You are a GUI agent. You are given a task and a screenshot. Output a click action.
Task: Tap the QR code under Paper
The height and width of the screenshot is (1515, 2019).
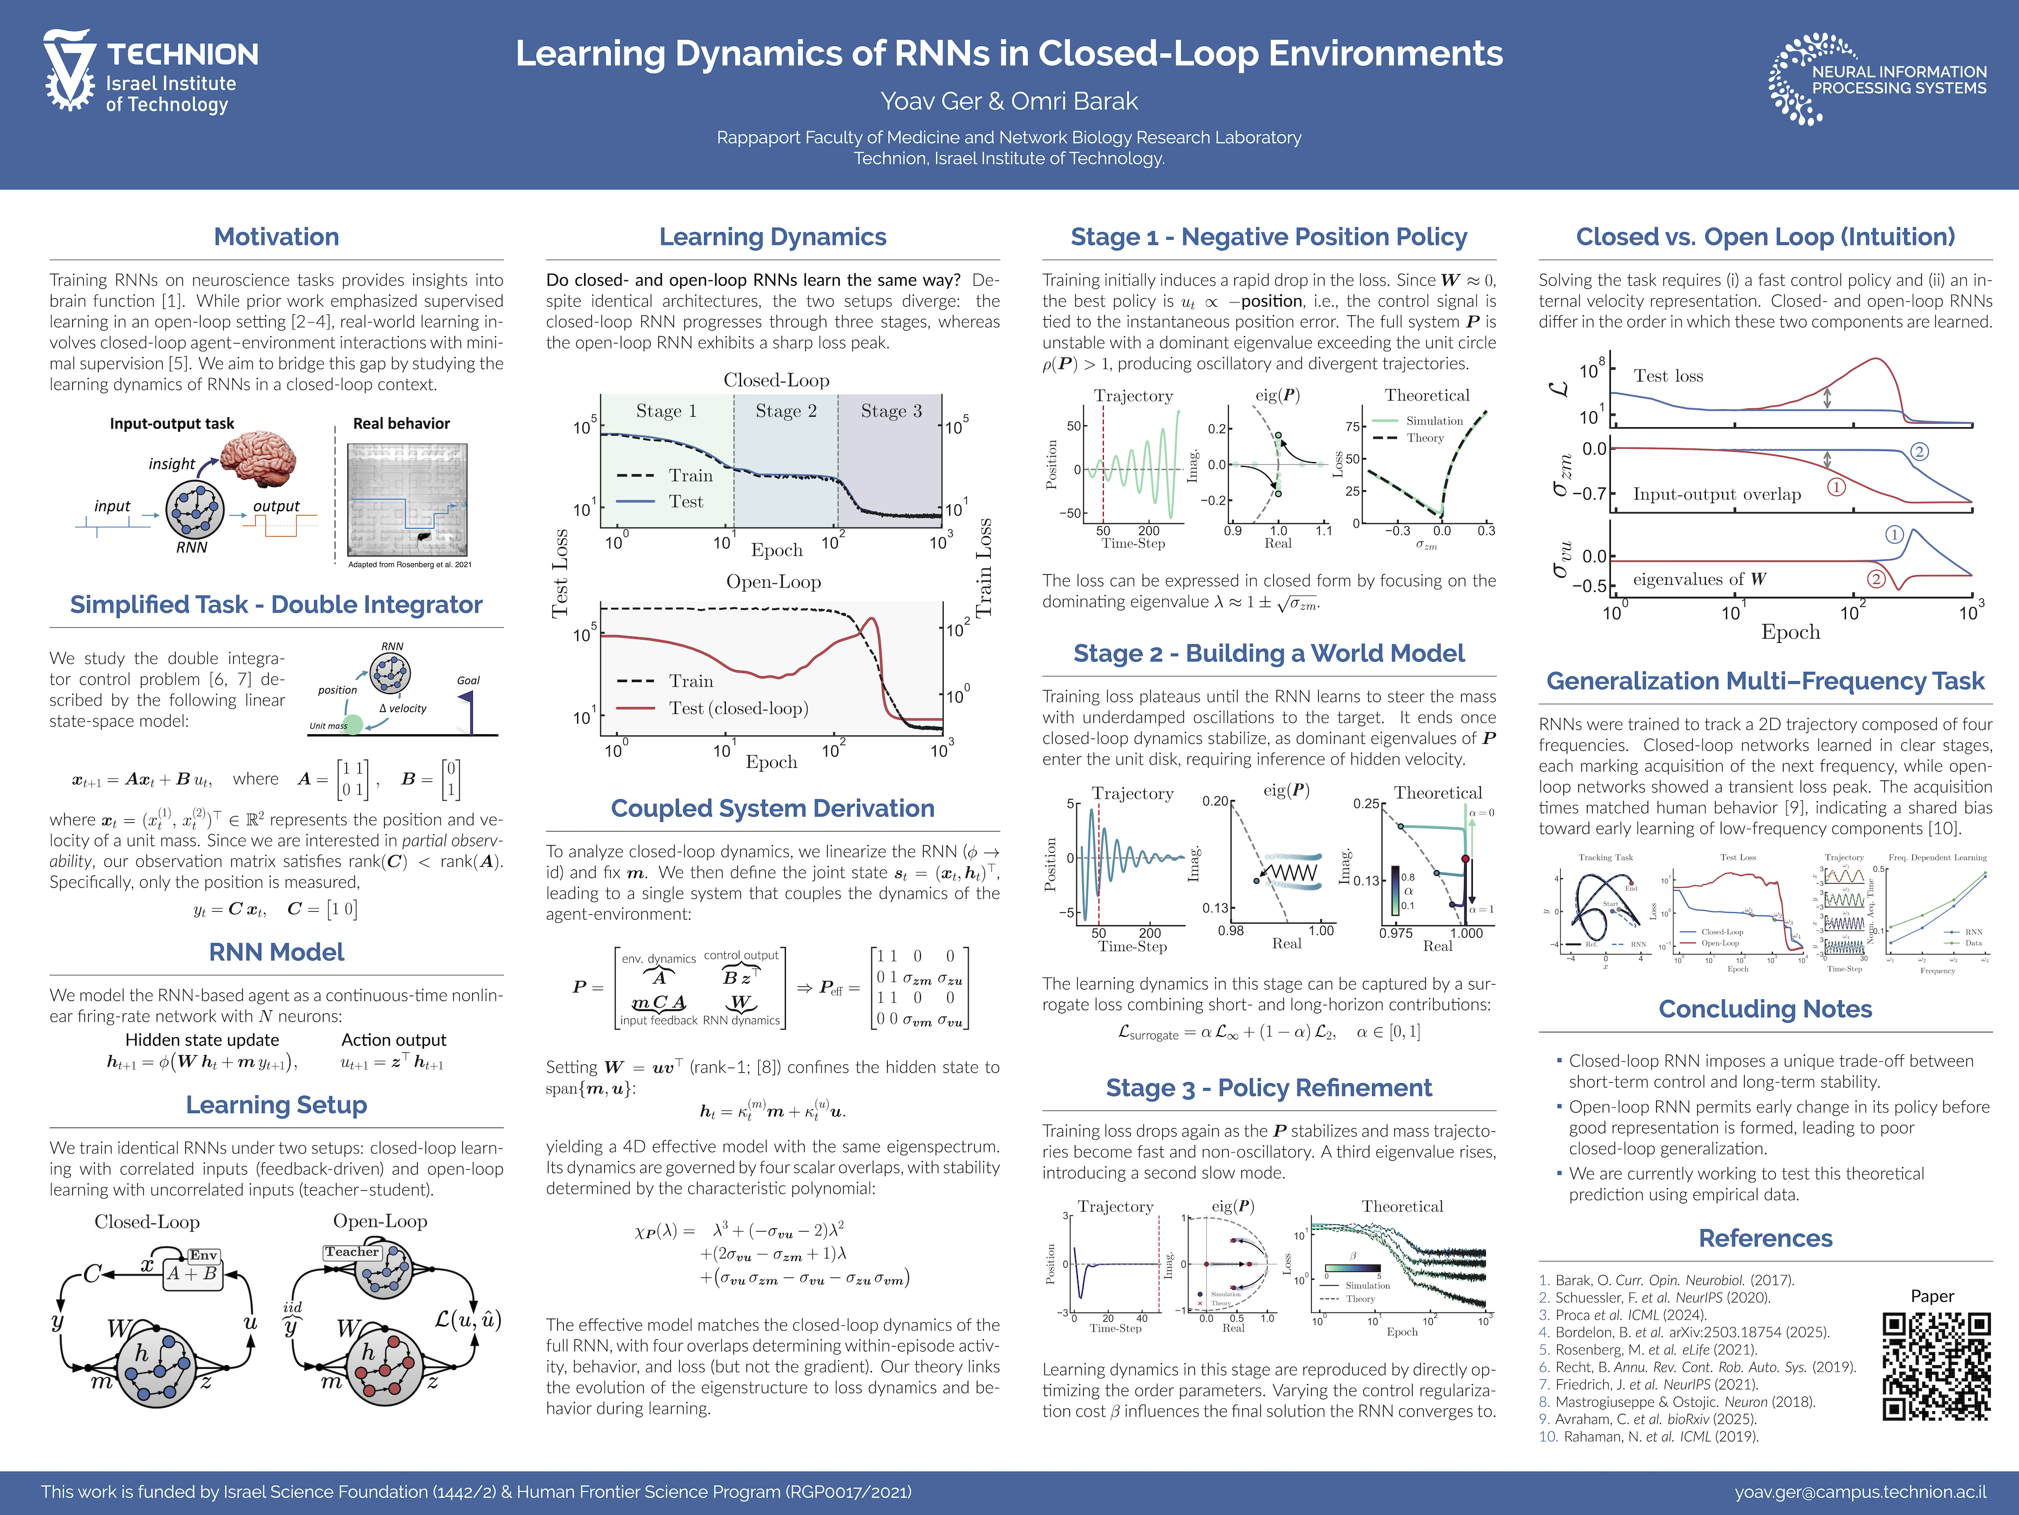tap(1936, 1366)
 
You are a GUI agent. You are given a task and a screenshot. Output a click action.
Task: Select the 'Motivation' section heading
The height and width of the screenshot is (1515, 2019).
tap(276, 238)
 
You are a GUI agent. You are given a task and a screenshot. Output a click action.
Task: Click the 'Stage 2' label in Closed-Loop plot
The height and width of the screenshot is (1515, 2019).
tap(786, 411)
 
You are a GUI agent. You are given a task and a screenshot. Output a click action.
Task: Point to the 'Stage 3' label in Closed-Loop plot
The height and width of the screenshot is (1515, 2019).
tap(891, 411)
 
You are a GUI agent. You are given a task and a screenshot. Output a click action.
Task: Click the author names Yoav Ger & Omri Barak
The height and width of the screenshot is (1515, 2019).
tap(1009, 101)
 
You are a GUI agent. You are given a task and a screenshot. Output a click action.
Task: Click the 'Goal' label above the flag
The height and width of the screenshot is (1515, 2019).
tap(468, 680)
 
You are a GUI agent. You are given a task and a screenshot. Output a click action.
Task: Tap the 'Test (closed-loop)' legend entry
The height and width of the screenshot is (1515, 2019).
tap(738, 709)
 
